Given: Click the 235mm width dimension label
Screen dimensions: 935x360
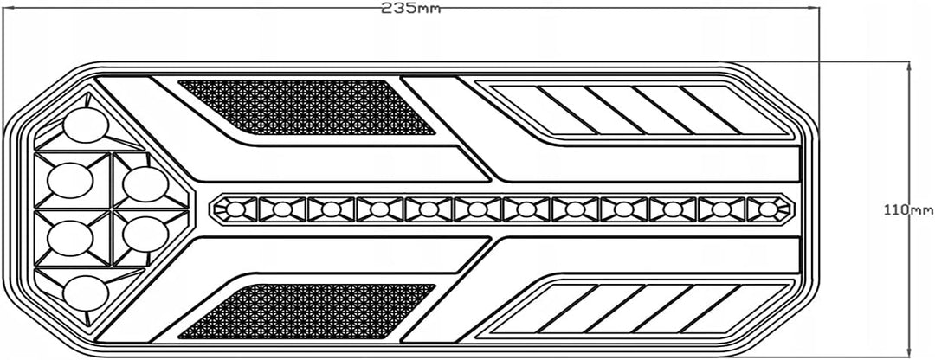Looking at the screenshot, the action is (x=411, y=9).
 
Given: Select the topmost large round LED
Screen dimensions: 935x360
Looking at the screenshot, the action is (x=86, y=126).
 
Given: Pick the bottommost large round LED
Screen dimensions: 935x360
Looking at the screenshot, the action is (x=86, y=293).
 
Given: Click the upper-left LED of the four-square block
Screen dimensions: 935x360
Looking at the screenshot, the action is (x=70, y=180).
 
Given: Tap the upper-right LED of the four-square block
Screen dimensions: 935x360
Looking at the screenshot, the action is (x=145, y=184).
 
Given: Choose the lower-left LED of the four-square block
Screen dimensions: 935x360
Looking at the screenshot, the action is (x=70, y=238).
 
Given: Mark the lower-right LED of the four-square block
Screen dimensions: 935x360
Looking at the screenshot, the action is (x=145, y=235).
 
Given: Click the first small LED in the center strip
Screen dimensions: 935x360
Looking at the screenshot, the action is (x=235, y=209).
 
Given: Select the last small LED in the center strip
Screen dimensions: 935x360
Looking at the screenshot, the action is (x=769, y=209).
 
